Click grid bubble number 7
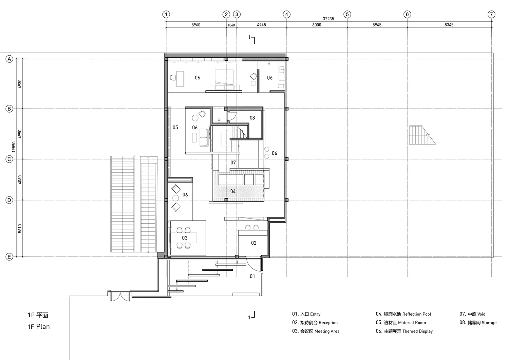coord(491,14)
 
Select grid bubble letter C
coord(9,159)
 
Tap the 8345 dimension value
coord(449,25)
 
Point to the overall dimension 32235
coord(328,19)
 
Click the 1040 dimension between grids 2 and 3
coord(231,25)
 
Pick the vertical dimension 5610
coord(20,228)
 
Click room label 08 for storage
coord(252,118)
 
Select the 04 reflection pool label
coord(233,191)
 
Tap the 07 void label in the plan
coord(233,163)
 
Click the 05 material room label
coord(175,127)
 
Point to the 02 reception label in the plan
coord(253,243)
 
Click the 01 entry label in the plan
coord(252,276)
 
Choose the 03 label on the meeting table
coord(185,238)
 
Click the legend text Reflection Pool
coord(416,314)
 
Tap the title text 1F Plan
coord(39,327)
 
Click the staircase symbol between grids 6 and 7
coord(422,135)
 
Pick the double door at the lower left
coord(120,296)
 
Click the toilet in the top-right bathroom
coord(281,86)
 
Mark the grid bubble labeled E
coord(9,257)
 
